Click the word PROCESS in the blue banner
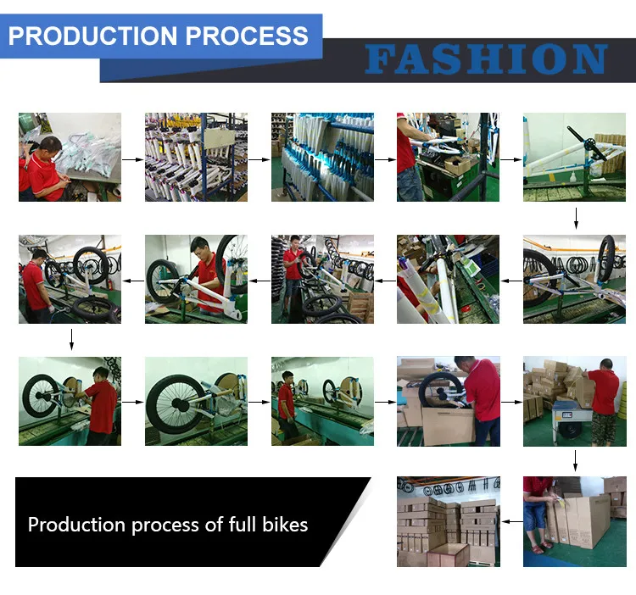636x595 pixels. tap(247, 36)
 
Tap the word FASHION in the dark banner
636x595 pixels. tap(487, 59)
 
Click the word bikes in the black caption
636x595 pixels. tap(285, 525)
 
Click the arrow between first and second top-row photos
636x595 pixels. tap(133, 159)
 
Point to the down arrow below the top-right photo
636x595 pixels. tap(576, 219)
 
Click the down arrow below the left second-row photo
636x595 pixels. tap(71, 340)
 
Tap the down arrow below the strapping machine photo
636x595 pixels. tap(575, 461)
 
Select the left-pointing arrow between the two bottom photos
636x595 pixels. tap(512, 521)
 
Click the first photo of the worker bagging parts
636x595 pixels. tap(70, 158)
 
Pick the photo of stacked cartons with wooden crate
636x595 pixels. tap(449, 521)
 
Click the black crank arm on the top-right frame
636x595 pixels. tap(586, 142)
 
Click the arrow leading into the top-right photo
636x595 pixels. tap(511, 159)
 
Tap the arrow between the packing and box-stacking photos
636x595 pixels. tap(512, 402)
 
